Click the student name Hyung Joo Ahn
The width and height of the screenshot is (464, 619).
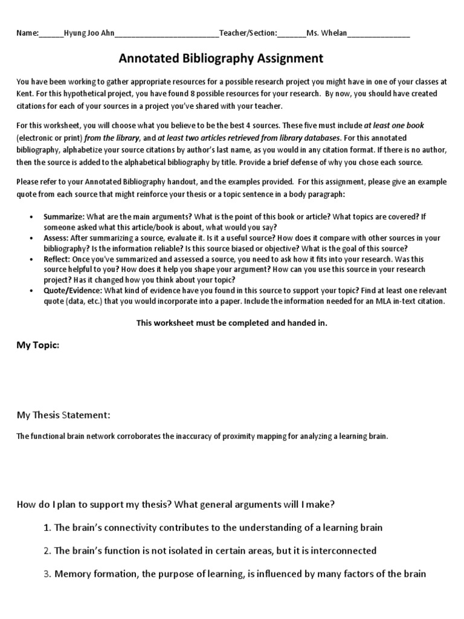88,33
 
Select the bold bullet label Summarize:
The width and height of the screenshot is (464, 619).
63,217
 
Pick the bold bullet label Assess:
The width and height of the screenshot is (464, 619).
57,239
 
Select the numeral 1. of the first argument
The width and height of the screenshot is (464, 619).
48,528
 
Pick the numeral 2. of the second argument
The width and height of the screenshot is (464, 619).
48,551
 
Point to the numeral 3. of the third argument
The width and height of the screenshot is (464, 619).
48,574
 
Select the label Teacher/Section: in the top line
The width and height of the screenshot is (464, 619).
248,33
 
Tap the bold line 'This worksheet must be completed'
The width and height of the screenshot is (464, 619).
231,323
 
